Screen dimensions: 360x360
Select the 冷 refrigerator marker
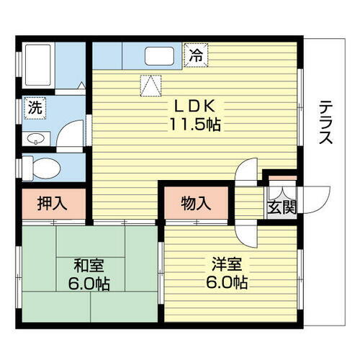tap(195, 53)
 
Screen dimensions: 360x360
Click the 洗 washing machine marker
tap(34, 109)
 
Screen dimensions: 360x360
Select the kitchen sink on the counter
tap(159, 55)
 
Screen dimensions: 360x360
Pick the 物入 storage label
tap(196, 203)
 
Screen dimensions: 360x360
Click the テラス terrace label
tap(325, 122)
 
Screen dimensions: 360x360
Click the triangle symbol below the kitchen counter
tap(149, 86)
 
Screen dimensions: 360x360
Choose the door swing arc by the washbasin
tap(69, 137)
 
